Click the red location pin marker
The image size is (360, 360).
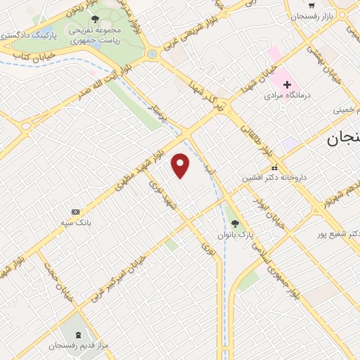[181, 165]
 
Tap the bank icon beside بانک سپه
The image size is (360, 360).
[75, 211]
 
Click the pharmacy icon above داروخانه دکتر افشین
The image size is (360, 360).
[274, 167]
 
